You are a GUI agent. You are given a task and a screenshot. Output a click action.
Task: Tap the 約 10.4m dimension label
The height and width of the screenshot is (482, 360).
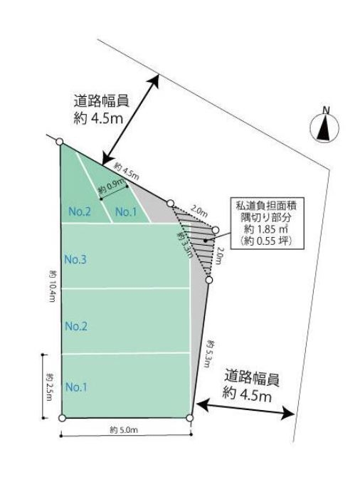52,285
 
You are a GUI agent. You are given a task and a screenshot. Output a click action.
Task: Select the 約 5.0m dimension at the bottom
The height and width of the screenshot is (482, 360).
124,430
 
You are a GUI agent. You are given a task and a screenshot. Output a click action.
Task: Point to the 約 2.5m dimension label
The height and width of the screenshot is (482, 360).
49,387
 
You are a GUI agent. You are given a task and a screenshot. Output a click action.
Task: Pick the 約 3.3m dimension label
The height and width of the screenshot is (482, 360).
184,245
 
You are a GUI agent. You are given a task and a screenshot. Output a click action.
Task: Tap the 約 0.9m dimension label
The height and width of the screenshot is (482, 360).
112,186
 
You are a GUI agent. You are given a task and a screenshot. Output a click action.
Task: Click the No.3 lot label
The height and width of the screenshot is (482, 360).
75,259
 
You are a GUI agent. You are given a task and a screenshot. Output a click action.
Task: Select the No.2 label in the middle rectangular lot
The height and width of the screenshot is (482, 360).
76,326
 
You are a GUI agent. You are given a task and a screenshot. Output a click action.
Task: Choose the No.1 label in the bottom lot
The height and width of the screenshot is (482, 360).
76,387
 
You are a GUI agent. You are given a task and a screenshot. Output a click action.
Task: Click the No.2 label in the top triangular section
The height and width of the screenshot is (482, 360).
80,211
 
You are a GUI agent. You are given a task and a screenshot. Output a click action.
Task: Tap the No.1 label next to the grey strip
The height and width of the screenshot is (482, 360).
126,211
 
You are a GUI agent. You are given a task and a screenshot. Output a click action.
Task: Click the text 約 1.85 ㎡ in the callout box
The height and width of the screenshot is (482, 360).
267,229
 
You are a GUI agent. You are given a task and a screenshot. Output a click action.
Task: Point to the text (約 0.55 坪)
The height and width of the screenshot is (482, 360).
267,241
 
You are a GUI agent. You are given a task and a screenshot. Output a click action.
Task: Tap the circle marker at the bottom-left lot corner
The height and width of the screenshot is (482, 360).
62,418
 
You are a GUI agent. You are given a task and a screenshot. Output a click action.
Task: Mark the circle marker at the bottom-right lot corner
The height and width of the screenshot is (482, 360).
190,418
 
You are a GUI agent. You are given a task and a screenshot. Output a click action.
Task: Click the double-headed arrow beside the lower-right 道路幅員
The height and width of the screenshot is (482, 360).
245,409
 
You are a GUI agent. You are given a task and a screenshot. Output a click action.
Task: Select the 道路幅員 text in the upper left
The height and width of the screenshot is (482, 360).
101,101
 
